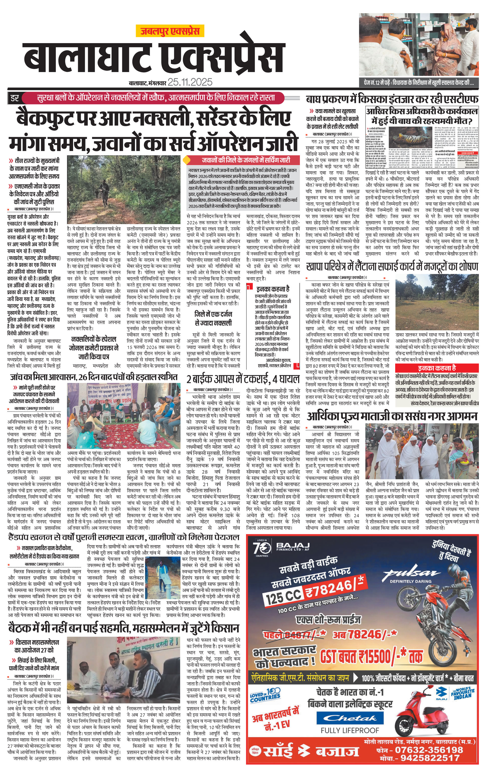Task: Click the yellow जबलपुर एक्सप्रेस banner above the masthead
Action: point(170,31)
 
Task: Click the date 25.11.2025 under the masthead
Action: point(190,82)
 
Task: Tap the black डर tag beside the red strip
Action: point(15,98)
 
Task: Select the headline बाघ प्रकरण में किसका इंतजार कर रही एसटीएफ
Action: point(392,99)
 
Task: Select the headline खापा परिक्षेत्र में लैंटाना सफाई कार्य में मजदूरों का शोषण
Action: point(392,266)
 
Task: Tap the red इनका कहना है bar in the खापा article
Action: point(437,368)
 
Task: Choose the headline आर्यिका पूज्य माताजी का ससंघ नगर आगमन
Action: point(392,417)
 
